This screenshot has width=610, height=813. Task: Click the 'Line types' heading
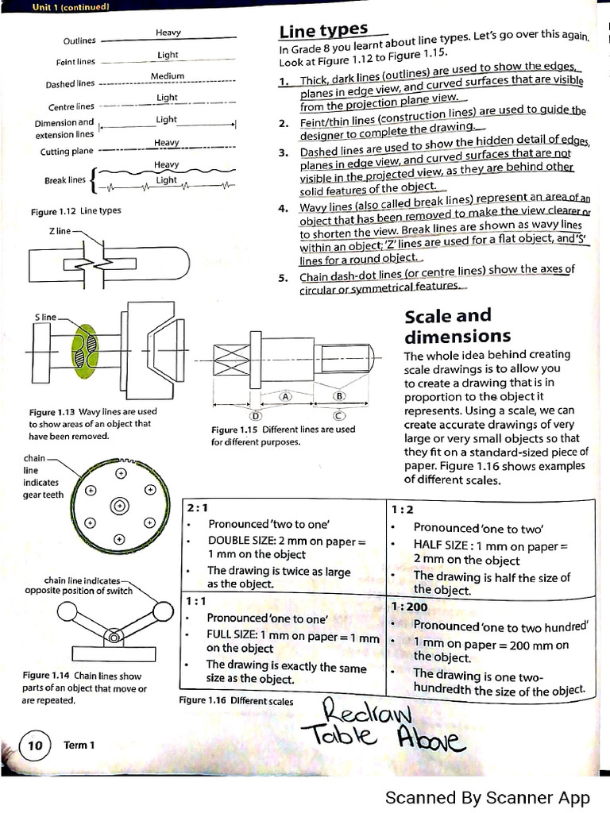[x=323, y=31]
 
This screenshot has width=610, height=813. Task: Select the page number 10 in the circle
[x=35, y=746]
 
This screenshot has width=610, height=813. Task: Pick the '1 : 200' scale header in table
[x=409, y=607]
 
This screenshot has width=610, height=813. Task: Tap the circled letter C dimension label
[x=338, y=414]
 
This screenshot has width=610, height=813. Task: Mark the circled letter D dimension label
[x=256, y=414]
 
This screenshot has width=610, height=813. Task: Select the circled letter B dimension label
[x=339, y=395]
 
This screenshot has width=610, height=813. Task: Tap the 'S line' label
[x=45, y=317]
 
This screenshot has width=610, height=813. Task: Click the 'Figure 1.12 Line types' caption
[x=76, y=211]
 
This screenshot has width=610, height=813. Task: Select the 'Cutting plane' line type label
[x=67, y=151]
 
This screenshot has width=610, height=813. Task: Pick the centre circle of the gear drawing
[x=119, y=505]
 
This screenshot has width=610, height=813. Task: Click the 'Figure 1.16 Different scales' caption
[x=237, y=701]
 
